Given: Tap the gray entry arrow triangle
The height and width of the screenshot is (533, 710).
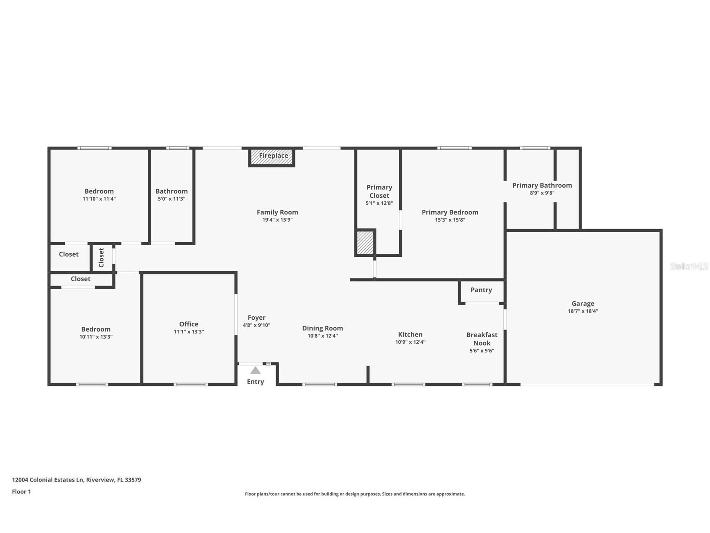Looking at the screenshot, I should [255, 370].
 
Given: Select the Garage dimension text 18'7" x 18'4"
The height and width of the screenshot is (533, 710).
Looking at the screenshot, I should [583, 311].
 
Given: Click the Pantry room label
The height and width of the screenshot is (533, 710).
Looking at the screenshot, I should [481, 290].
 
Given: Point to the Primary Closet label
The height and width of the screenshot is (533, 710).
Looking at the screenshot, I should [379, 191].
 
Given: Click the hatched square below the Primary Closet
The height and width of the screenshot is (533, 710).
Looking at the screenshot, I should [365, 243].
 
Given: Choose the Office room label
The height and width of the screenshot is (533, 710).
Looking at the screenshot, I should [189, 324].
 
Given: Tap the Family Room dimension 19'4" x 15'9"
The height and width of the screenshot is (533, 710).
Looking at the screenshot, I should [277, 220].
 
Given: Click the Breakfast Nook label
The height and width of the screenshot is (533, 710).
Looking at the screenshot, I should [482, 339].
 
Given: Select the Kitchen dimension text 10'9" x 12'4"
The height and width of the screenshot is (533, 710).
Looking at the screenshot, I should [410, 342].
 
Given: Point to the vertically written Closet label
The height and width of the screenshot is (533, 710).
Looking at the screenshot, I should [101, 257].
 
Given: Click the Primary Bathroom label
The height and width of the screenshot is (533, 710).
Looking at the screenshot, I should [542, 185].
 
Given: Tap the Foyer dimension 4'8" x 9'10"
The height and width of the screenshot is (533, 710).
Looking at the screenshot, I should [256, 325].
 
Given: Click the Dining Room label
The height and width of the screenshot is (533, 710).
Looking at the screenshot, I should [322, 328].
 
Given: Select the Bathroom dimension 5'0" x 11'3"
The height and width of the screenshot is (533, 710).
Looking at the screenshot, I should [172, 199].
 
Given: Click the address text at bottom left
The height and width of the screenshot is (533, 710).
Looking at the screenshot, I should [77, 480].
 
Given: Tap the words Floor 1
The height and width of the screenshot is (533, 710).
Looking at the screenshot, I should [21, 492].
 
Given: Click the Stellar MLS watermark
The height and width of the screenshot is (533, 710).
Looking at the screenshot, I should [689, 266].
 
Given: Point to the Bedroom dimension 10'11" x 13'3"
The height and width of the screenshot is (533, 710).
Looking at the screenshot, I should [96, 337].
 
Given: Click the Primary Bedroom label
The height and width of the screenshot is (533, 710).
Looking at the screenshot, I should [450, 212].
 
